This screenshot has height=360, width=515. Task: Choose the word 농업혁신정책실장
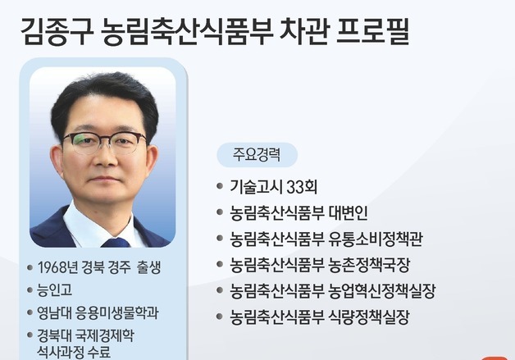point(383,291)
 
